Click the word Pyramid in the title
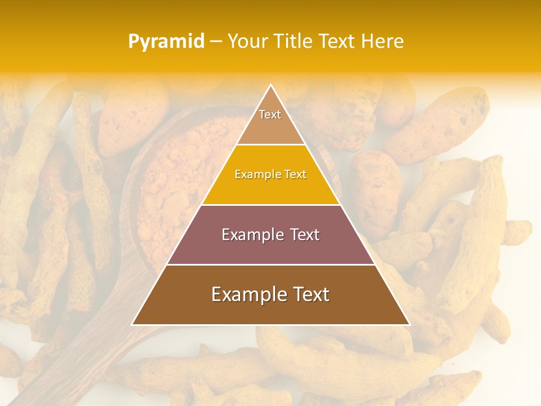166,42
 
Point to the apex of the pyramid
270,86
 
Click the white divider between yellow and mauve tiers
270,205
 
